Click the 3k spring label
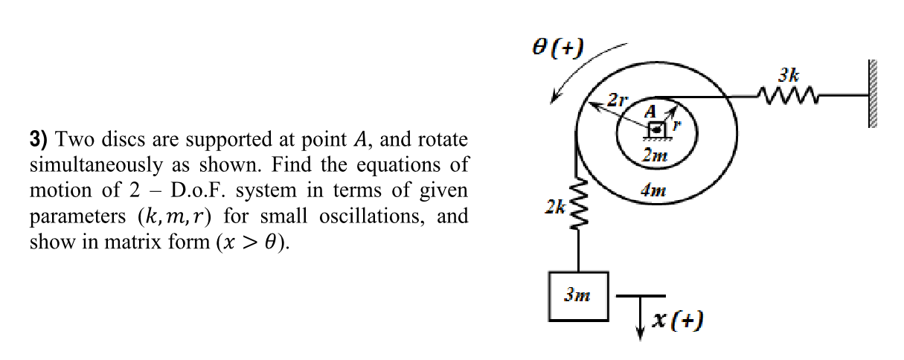[x=789, y=74]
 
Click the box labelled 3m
[x=578, y=295]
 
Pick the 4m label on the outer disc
[x=654, y=190]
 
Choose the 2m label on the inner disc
[x=655, y=156]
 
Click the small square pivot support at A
[x=656, y=129]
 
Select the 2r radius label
[x=618, y=99]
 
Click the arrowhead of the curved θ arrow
[x=553, y=100]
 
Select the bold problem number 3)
[x=39, y=139]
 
